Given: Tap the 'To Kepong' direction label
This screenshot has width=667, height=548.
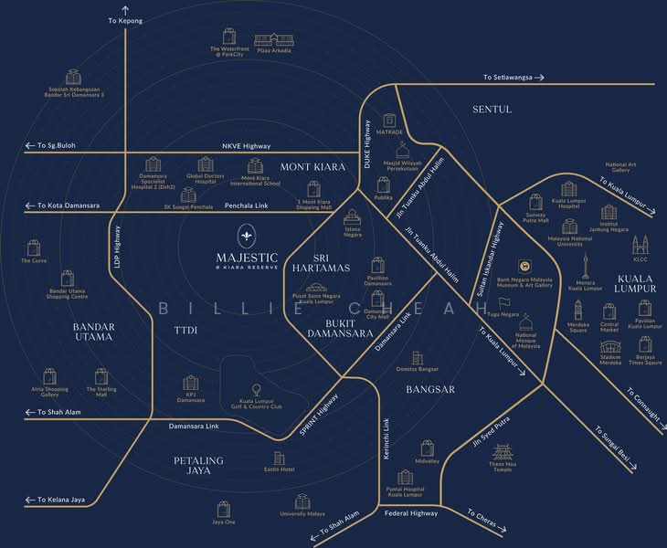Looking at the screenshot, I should (124, 19).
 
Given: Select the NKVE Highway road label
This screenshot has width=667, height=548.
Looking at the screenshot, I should (246, 145).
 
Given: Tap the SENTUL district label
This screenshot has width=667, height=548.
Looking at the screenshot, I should (492, 109).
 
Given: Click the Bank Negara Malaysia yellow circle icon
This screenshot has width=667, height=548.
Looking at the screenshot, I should (525, 266).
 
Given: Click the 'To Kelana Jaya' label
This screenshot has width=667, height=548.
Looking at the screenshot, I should (60, 500).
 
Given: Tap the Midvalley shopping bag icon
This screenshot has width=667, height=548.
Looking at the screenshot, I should (428, 448).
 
